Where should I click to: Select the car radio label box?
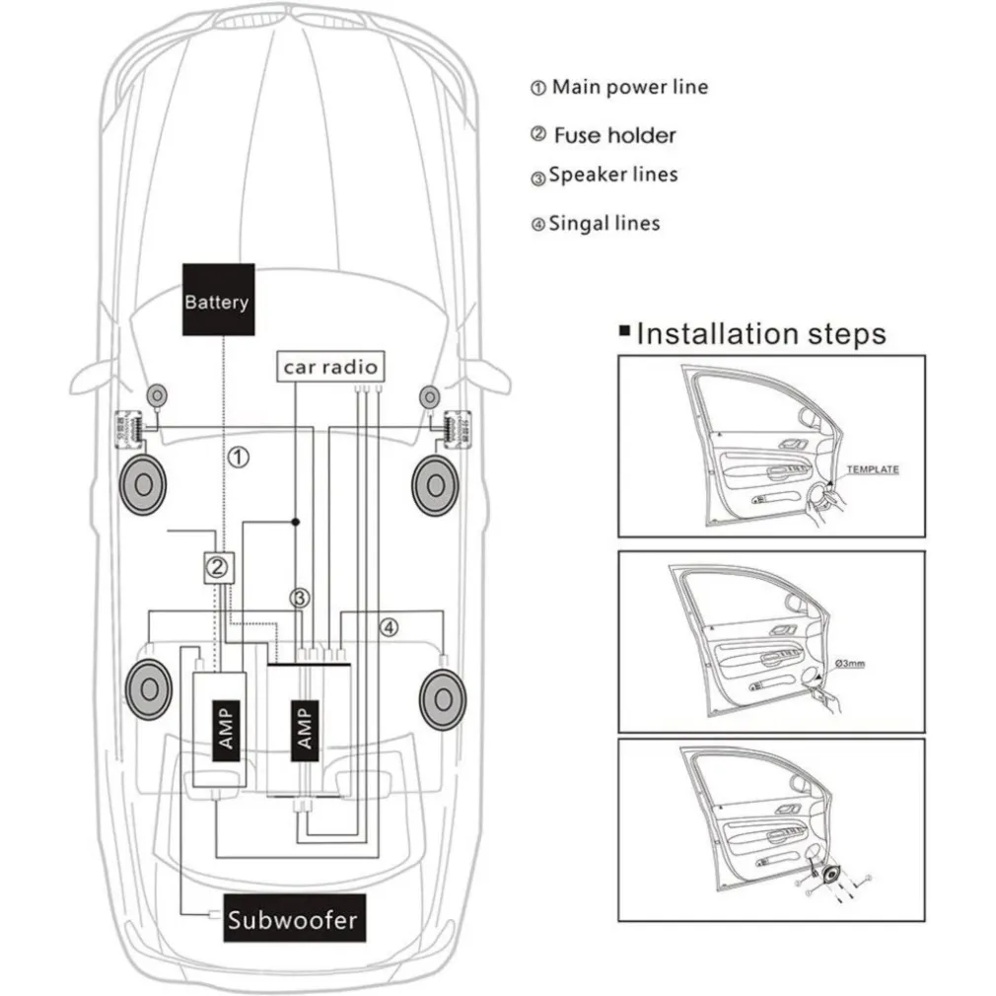click(330, 367)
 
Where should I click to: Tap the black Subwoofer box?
click(293, 921)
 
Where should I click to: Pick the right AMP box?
click(305, 728)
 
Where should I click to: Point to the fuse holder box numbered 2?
click(219, 566)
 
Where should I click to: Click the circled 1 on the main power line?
click(239, 457)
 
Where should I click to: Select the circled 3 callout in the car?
click(300, 598)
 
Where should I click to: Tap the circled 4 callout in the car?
click(390, 626)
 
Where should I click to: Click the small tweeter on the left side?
click(155, 394)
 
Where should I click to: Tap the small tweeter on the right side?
click(428, 395)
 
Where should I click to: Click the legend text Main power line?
click(629, 87)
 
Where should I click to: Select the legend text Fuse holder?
click(614, 135)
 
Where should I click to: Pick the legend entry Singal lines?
click(604, 224)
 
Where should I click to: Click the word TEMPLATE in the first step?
click(873, 469)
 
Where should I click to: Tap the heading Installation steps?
click(760, 333)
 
